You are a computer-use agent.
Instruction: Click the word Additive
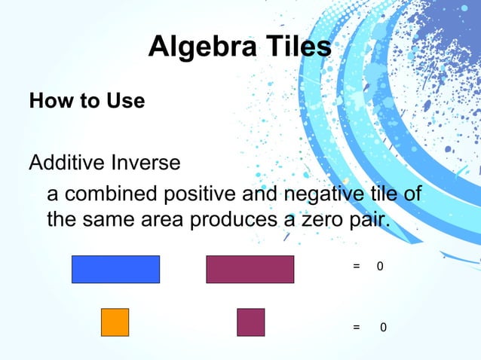point(67,163)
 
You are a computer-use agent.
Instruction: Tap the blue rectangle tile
point(115,270)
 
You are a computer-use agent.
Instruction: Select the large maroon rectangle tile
point(250,270)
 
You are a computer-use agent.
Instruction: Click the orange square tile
point(115,322)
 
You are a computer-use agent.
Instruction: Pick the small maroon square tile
point(250,322)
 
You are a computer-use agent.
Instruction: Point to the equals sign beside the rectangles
point(356,267)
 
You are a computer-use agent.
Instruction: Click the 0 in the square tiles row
point(383,328)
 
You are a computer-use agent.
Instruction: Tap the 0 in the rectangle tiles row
point(380,267)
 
